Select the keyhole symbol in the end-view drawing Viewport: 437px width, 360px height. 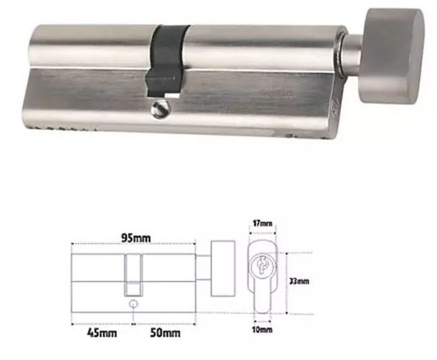(262, 266)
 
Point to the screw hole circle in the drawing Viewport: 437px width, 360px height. (133, 305)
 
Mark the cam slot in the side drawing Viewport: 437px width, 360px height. (133, 274)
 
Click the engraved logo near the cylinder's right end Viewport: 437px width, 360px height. (333, 104)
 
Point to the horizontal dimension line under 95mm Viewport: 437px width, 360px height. (133, 244)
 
